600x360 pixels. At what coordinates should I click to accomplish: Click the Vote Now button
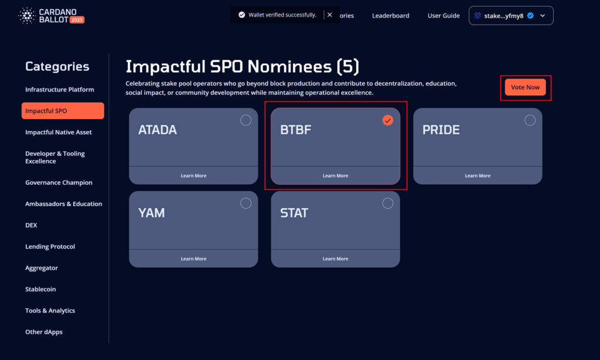pyautogui.click(x=525, y=87)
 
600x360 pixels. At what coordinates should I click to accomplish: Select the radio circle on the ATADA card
pyautogui.click(x=246, y=120)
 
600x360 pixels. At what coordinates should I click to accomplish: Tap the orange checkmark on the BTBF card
pyautogui.click(x=388, y=120)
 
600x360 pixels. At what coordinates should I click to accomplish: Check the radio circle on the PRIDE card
pyautogui.click(x=530, y=120)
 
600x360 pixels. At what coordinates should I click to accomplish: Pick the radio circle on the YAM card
pyautogui.click(x=246, y=203)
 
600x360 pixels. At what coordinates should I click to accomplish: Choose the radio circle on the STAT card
pyautogui.click(x=388, y=203)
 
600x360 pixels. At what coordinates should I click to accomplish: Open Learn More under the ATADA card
pyautogui.click(x=193, y=176)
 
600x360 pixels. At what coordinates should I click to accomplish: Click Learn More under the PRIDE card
pyautogui.click(x=478, y=176)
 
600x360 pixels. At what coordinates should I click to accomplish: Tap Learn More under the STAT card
pyautogui.click(x=335, y=259)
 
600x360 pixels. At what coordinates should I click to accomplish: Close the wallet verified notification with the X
pyautogui.click(x=329, y=15)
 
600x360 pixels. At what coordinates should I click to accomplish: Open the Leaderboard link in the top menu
pyautogui.click(x=391, y=16)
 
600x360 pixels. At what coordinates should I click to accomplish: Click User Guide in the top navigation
pyautogui.click(x=444, y=16)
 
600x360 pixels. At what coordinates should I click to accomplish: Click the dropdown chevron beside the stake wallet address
pyautogui.click(x=543, y=16)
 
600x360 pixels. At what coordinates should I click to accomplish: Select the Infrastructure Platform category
pyautogui.click(x=60, y=90)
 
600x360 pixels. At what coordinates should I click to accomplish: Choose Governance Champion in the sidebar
pyautogui.click(x=59, y=183)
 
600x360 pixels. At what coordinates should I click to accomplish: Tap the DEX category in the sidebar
pyautogui.click(x=31, y=225)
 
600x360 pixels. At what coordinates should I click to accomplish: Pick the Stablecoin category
pyautogui.click(x=40, y=289)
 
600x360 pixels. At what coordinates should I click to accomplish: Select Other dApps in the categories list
pyautogui.click(x=43, y=332)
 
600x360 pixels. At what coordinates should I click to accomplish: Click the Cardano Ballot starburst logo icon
pyautogui.click(x=27, y=16)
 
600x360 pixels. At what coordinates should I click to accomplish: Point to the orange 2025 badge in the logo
pyautogui.click(x=77, y=20)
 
